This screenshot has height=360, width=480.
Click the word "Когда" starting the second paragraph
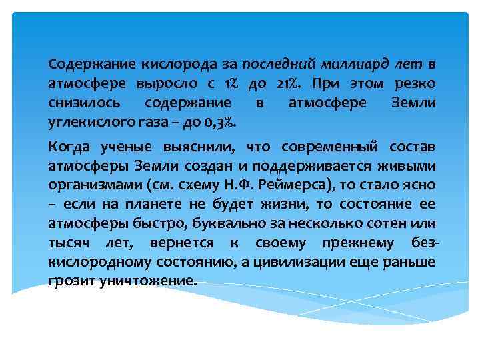[69, 147]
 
